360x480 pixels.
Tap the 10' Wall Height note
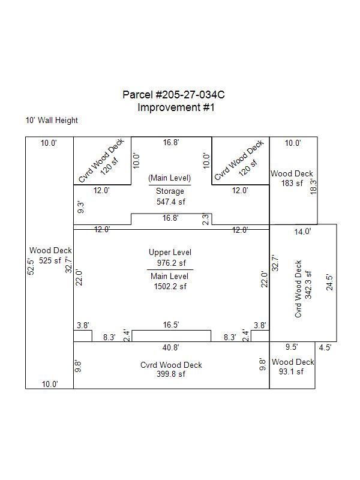pos(52,121)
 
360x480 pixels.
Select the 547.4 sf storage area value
pos(171,202)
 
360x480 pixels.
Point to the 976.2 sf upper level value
pos(172,263)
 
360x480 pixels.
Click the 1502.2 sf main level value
pos(170,287)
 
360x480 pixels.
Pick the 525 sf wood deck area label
pos(50,260)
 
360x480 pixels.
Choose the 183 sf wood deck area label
pos(292,184)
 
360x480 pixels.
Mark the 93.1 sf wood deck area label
pos(291,371)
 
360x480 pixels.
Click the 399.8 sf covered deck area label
pos(171,374)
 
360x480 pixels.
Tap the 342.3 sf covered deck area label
pos(308,284)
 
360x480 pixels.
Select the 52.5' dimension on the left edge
pos(31,266)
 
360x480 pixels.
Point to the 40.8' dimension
pos(171,348)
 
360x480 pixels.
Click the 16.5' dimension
pos(171,325)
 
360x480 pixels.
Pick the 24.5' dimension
pos(329,282)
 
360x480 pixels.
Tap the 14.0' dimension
pos(303,232)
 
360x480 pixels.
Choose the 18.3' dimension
pos(313,187)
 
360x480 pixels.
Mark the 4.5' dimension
pos(325,348)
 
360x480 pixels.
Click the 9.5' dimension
pos(292,347)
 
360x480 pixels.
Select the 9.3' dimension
pos(81,208)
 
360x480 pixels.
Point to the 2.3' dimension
pos(206,219)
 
